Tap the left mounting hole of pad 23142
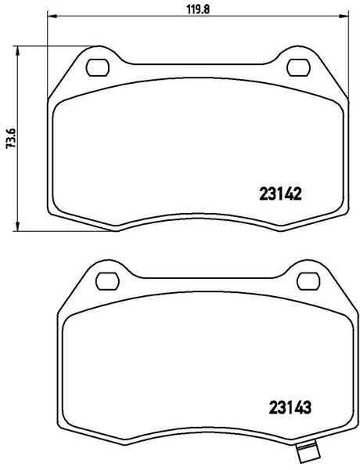[98, 67]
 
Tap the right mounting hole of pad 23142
[299, 67]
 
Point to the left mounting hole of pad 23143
[106, 277]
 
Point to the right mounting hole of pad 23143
[308, 277]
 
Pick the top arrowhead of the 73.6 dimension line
[20, 49]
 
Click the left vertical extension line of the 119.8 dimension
[49, 55]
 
